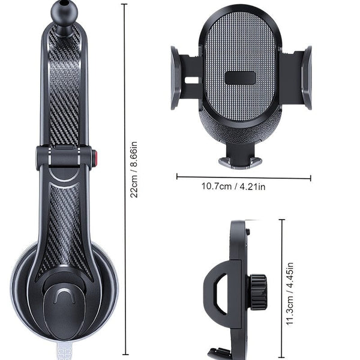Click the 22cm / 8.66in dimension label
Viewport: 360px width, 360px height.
coord(135,174)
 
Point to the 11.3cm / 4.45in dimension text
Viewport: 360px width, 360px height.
coord(290,293)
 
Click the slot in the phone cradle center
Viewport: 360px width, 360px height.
coord(241,78)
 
